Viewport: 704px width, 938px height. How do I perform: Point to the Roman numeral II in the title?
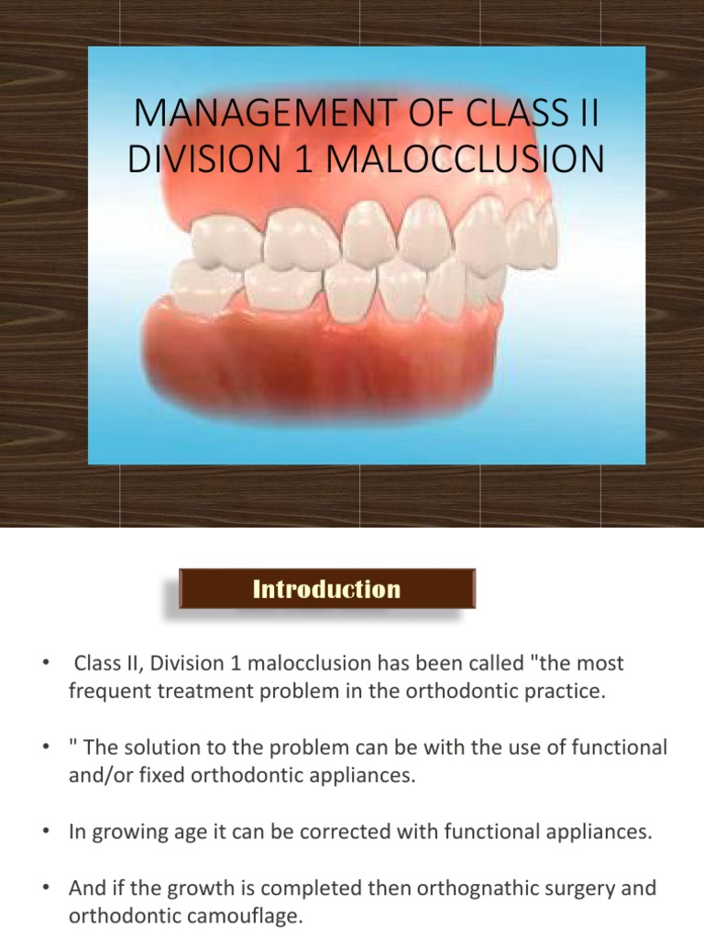587,116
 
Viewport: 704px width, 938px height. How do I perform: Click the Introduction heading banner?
327,589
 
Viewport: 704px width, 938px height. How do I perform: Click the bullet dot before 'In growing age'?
44,832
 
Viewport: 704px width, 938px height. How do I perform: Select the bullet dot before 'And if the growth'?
44,889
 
